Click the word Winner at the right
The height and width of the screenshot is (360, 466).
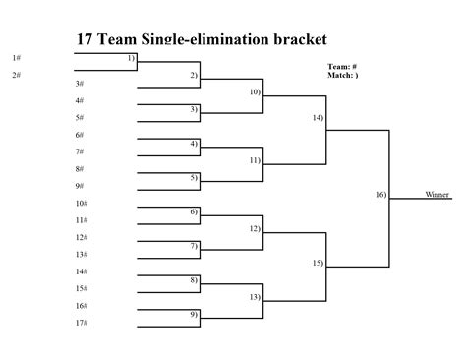click(437, 195)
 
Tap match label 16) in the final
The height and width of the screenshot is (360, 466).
click(380, 195)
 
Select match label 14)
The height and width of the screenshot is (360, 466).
click(318, 117)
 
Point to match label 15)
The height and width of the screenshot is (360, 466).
click(318, 263)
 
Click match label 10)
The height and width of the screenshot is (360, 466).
click(255, 91)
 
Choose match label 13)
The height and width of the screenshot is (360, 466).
click(255, 296)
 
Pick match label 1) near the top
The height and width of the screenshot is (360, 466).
click(132, 58)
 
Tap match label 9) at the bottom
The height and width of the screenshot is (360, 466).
click(194, 314)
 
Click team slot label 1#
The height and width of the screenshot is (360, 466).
click(17, 58)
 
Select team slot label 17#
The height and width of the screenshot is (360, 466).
click(82, 323)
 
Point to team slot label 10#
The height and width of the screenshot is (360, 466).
click(82, 203)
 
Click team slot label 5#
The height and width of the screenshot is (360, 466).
click(79, 117)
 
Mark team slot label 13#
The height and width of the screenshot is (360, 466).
click(82, 254)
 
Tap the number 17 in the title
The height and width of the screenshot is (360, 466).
click(86, 40)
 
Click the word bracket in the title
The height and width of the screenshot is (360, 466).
click(301, 40)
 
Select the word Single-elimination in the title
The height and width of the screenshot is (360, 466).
click(203, 40)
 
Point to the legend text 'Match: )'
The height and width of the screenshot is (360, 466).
click(343, 75)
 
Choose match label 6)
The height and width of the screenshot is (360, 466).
click(194, 211)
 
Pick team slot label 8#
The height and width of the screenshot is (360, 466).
click(79, 168)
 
